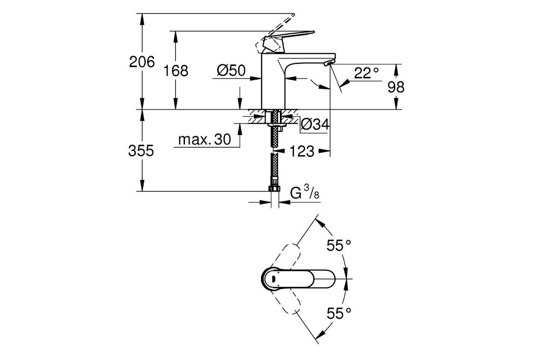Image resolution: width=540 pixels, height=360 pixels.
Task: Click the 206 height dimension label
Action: (142, 62)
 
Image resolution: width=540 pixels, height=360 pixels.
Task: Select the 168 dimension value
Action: (176, 71)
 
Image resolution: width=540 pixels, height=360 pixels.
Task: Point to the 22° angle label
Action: (366, 73)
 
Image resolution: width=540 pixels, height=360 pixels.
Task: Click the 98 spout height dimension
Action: (396, 87)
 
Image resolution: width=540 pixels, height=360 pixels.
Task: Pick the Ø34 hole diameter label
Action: (314, 125)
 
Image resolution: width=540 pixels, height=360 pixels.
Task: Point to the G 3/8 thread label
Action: (305, 193)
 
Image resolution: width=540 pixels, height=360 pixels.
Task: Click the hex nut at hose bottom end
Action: (274, 187)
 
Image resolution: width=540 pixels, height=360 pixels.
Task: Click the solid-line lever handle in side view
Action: (292, 36)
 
